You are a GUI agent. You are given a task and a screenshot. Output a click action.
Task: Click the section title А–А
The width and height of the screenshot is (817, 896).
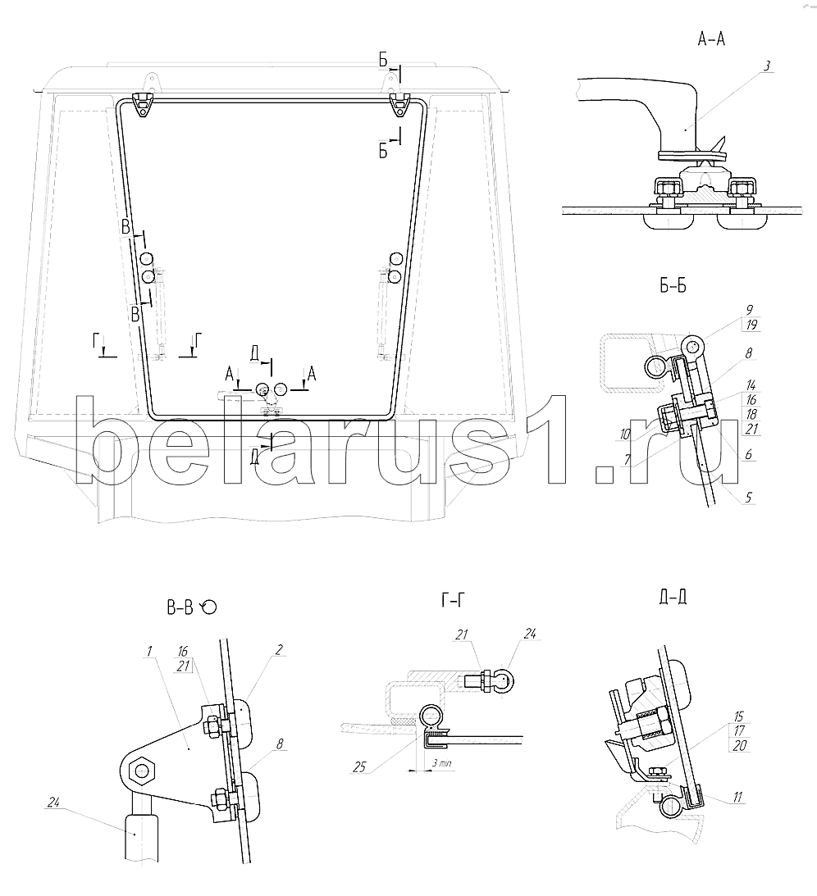(711, 39)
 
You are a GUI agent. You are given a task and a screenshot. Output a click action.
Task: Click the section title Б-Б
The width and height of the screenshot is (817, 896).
(673, 286)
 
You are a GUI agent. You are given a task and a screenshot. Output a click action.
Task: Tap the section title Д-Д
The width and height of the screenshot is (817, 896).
(673, 597)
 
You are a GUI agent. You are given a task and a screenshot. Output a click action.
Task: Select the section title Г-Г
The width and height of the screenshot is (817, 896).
(453, 600)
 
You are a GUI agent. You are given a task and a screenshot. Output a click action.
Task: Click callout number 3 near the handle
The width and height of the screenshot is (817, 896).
(767, 66)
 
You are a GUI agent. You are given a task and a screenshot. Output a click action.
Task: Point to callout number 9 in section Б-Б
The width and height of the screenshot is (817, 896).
(750, 311)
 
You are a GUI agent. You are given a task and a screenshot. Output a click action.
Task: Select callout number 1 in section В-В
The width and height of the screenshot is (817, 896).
(149, 651)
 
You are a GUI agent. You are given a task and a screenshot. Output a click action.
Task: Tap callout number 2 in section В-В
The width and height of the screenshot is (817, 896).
(279, 650)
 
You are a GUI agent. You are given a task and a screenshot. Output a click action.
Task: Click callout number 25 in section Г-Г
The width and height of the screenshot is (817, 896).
(359, 766)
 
